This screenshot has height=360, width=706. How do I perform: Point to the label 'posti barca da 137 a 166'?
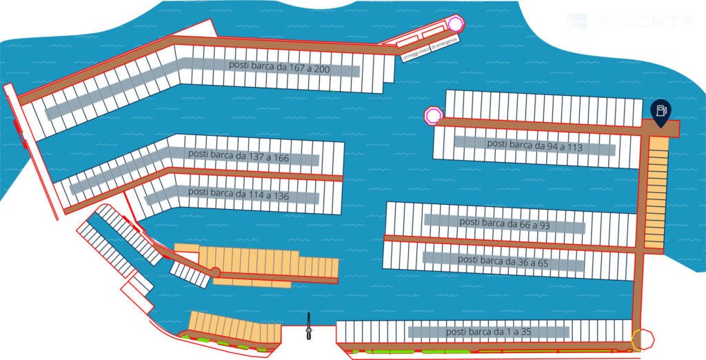239,157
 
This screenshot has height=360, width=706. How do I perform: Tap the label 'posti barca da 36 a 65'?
503,260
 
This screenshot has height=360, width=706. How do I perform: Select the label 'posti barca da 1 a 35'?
489,332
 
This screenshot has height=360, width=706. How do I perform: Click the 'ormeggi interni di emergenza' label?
431,48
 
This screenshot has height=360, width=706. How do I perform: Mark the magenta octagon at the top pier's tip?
455,24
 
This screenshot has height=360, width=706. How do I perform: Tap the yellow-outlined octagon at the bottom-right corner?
643,339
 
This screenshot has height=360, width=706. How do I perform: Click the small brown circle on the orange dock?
215,272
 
